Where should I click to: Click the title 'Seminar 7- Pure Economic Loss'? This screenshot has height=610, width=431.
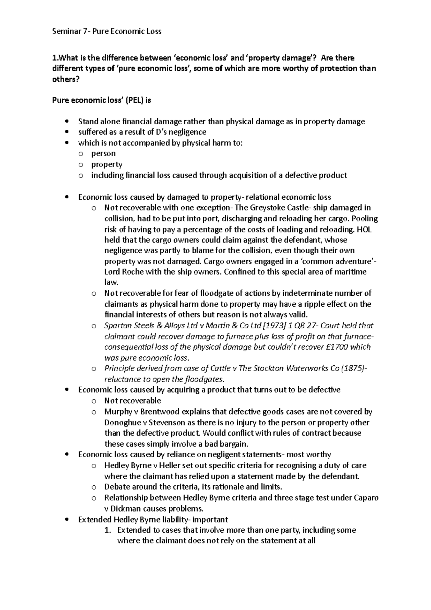pyautogui.click(x=107, y=31)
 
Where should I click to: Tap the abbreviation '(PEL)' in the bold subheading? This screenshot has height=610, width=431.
pyautogui.click(x=133, y=100)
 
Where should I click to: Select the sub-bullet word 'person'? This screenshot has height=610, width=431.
pyautogui.click(x=103, y=154)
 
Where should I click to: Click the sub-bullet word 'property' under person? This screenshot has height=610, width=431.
pyautogui.click(x=107, y=165)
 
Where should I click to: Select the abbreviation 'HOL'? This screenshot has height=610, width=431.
pyautogui.click(x=364, y=229)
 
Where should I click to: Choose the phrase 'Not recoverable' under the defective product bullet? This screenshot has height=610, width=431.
pyautogui.click(x=133, y=401)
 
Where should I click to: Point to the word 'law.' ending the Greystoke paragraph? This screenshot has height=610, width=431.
pyautogui.click(x=111, y=283)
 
